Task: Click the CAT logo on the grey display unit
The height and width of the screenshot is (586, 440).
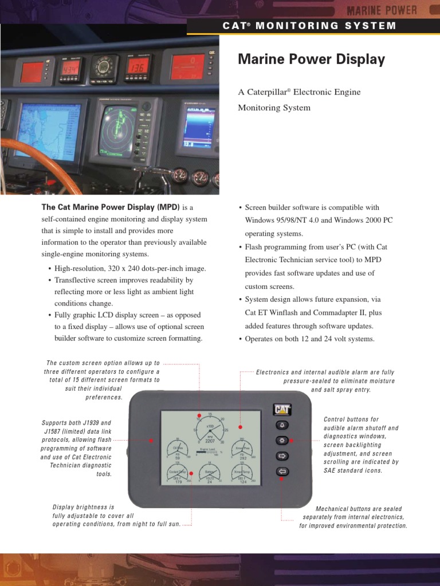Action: click(282, 410)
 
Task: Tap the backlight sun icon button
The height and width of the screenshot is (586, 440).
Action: click(282, 441)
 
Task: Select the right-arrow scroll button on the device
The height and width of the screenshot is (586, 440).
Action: click(282, 456)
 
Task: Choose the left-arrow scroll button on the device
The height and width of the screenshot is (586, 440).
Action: click(282, 472)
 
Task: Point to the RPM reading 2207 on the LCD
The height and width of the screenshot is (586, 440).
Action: click(210, 441)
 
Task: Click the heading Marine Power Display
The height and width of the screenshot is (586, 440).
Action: click(311, 60)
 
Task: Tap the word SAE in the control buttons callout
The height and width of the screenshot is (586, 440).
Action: click(330, 470)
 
